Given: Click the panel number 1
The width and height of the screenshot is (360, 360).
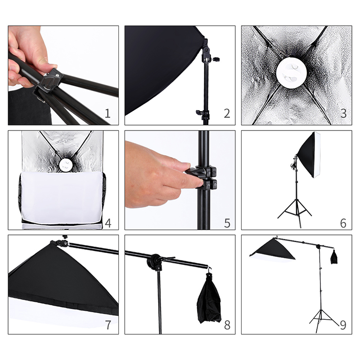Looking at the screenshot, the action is [x=108, y=113].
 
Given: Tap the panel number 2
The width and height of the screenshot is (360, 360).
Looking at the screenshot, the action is [x=227, y=113].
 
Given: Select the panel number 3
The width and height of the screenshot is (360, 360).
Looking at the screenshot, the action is [x=343, y=113].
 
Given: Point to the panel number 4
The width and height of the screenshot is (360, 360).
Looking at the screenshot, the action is [x=108, y=223].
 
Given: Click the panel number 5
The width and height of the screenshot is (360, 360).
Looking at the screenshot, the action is [x=227, y=223].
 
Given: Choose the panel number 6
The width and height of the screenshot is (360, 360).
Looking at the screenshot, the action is [x=343, y=223].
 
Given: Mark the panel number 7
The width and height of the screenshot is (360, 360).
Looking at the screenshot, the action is [x=108, y=325].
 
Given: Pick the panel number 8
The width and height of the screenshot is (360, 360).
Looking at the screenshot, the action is [x=227, y=325].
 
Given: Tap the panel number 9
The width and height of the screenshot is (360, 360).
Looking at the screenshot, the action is [x=343, y=325].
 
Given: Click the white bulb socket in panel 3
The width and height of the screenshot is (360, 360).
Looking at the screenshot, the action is [x=291, y=73].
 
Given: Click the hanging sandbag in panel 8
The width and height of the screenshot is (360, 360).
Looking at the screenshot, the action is [x=209, y=298].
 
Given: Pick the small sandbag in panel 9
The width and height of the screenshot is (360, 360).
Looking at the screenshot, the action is [x=334, y=256].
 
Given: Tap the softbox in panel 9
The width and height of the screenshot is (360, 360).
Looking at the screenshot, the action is [x=273, y=250].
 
